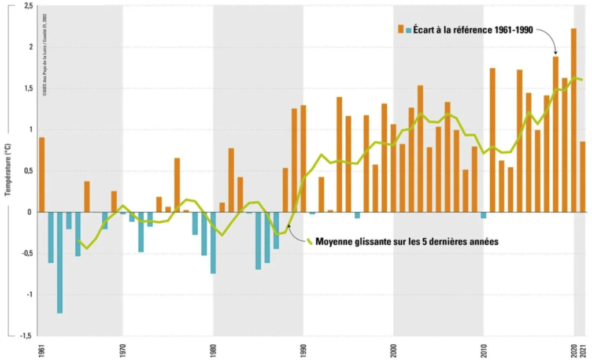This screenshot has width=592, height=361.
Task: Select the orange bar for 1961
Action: coord(42,174)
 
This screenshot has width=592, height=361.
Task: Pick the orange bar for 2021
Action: coord(583,176)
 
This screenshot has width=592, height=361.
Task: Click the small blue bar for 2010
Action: coord(483,215)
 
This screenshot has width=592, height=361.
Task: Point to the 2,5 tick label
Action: coord(27,6)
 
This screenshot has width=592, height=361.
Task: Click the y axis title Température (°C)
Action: coord(8,168)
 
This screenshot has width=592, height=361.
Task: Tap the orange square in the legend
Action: coord(400,29)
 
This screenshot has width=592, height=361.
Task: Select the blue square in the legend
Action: coord(409,29)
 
